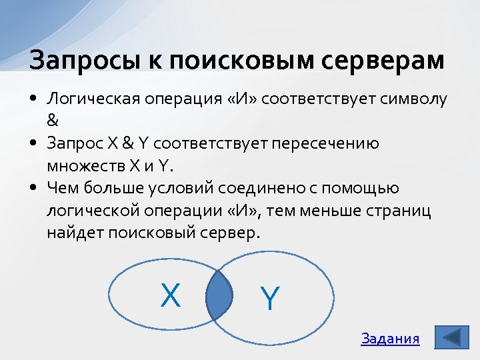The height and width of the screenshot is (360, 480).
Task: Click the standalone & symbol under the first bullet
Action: pyautogui.click(x=53, y=121)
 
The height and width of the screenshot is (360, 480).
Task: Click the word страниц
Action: pyautogui.click(x=398, y=212)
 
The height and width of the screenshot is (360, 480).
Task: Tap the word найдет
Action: pyautogui.click(x=70, y=233)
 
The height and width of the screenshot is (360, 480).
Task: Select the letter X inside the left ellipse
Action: pyautogui.click(x=171, y=295)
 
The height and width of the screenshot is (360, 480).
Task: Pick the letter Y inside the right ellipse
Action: pyautogui.click(x=269, y=298)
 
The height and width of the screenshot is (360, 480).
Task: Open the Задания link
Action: pyautogui.click(x=390, y=339)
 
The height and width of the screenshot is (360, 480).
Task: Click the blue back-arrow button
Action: pyautogui.click(x=451, y=337)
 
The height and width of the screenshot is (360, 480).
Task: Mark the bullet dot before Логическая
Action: pyautogui.click(x=33, y=100)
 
